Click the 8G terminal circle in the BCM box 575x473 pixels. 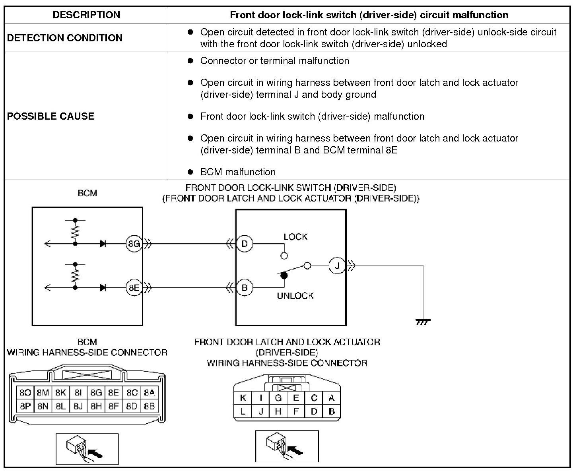click(x=134, y=244)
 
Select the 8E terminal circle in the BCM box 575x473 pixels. click(x=134, y=287)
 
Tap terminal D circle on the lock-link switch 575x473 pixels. click(x=245, y=244)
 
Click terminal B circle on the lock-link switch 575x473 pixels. click(x=245, y=287)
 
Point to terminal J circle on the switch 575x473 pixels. click(x=337, y=266)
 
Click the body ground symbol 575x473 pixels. click(x=423, y=322)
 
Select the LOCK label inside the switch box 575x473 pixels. click(x=295, y=237)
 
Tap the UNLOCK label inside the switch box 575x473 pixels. click(x=295, y=296)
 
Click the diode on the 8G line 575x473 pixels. click(x=103, y=244)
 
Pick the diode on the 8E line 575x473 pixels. click(x=103, y=287)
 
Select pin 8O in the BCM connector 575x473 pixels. click(x=25, y=393)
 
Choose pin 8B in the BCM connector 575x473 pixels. click(x=150, y=407)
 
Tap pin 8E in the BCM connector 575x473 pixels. click(x=114, y=393)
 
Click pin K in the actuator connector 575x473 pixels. click(x=243, y=398)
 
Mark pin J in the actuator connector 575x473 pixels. click(x=261, y=412)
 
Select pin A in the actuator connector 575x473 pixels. click(x=332, y=398)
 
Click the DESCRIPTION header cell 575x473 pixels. click(x=86, y=15)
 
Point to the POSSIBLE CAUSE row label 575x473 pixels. click(x=51, y=116)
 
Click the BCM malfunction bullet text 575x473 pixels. click(x=238, y=172)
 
